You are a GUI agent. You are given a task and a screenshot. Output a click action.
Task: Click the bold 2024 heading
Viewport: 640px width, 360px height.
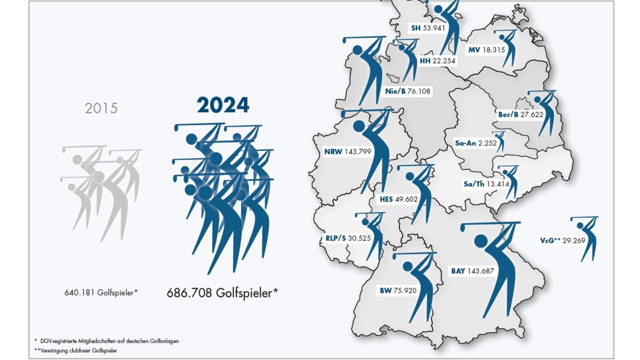(222, 105)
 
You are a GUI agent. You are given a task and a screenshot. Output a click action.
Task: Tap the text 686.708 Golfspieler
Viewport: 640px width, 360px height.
(222, 292)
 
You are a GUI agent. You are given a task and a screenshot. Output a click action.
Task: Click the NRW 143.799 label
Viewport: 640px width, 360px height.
(347, 151)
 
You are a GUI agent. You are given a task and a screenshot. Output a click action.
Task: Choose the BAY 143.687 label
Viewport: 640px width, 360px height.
(472, 271)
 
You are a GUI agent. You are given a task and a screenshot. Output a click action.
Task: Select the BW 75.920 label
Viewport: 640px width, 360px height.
(398, 290)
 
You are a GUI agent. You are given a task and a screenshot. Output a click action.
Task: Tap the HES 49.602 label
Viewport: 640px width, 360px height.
(398, 199)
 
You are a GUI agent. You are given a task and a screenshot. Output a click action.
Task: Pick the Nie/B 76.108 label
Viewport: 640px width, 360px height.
(408, 91)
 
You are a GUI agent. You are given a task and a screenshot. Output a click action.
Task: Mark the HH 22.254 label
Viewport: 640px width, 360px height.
(438, 61)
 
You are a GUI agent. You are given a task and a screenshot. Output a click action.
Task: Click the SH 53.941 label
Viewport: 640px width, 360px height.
(428, 28)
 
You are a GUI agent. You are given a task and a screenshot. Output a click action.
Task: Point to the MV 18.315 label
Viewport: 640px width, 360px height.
(487, 50)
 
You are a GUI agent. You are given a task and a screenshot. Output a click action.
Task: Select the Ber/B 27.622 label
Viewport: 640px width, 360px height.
(516, 114)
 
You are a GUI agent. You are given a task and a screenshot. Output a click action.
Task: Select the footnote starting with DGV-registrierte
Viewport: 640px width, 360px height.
(107, 340)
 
